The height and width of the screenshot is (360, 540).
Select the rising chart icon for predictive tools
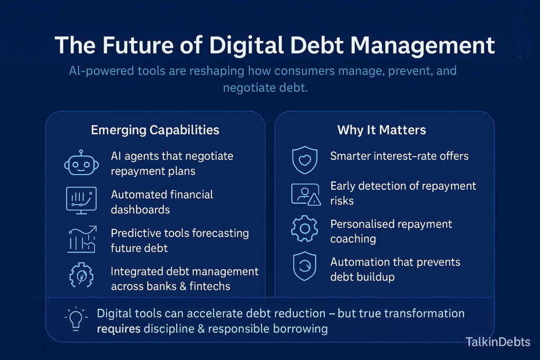pos(81,238)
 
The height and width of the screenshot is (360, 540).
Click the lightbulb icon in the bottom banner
pos(75,318)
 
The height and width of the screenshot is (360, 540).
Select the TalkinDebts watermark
pos(498,342)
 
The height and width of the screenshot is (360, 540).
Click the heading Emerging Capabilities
pos(155,130)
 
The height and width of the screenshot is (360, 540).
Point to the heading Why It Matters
pos(382,130)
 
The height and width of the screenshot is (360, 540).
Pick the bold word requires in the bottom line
pos(119,329)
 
